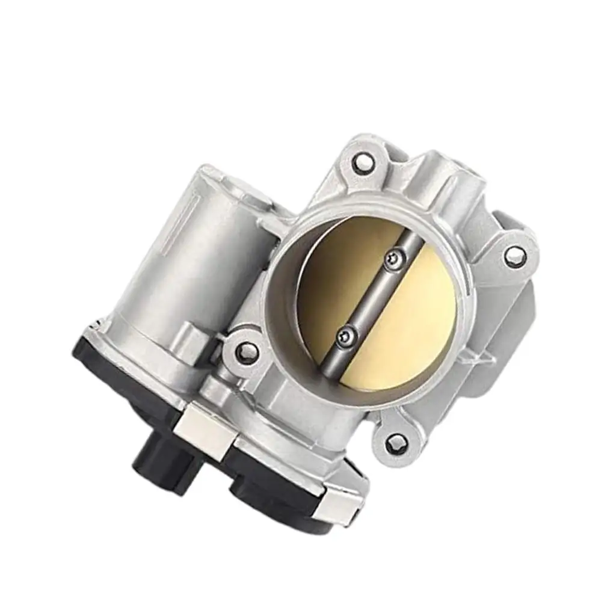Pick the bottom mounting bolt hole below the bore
click(394, 445)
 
